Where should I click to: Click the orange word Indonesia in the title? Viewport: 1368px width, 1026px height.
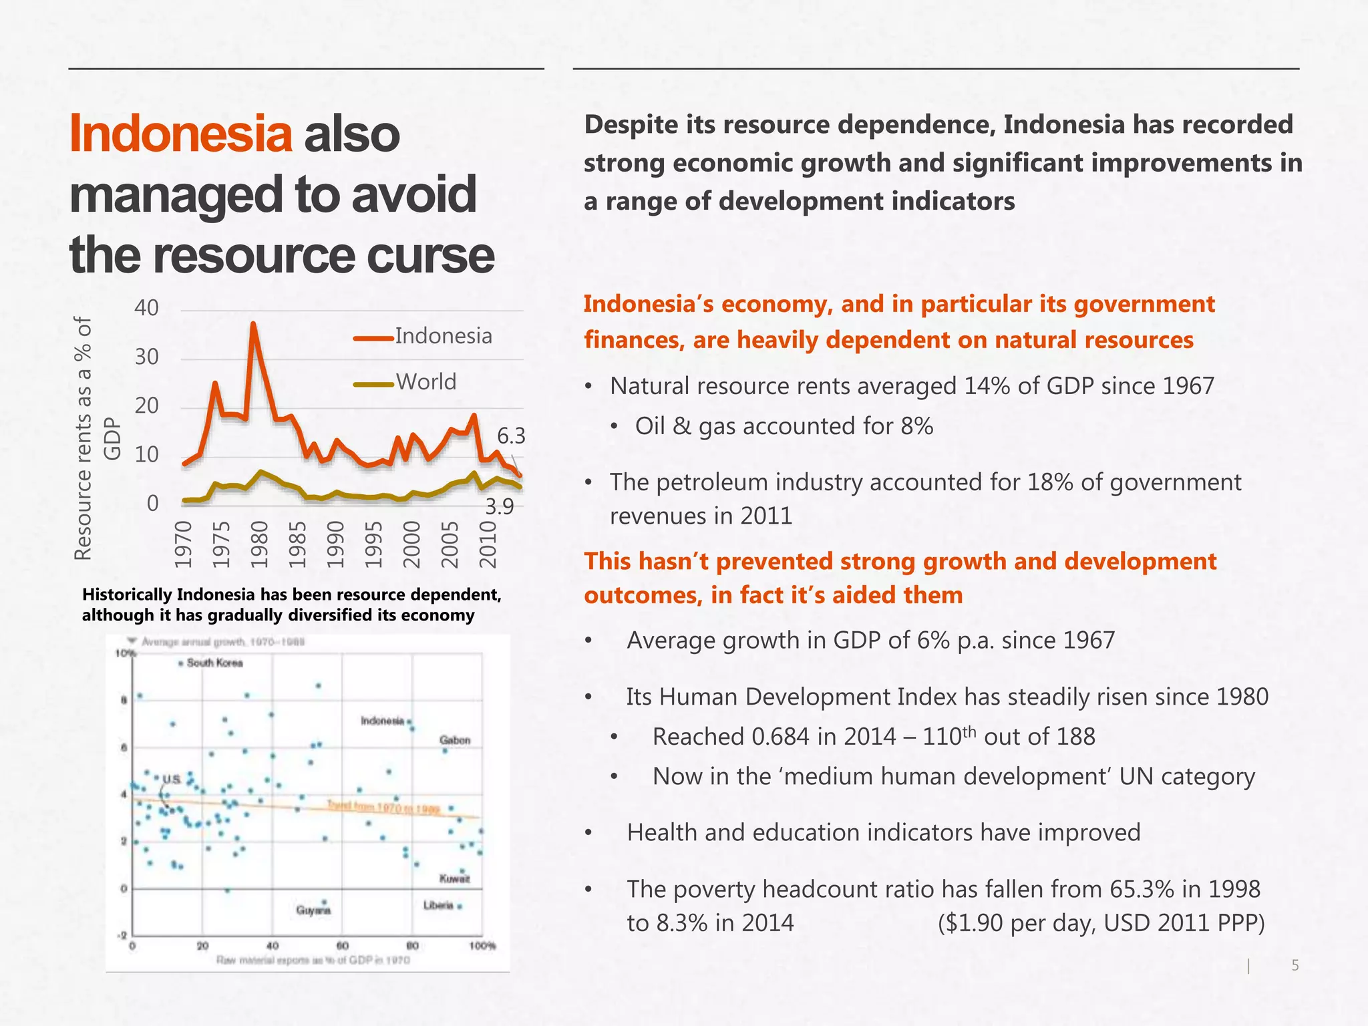(x=180, y=134)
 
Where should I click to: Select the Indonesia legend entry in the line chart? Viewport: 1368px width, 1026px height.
(x=443, y=336)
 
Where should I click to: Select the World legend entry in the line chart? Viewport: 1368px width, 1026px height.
(x=425, y=382)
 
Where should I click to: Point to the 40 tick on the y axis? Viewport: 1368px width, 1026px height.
(x=147, y=308)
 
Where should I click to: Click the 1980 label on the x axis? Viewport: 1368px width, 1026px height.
(x=259, y=544)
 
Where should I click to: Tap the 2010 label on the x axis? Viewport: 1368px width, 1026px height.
(x=488, y=544)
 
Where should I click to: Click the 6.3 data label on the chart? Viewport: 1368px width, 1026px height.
(x=511, y=436)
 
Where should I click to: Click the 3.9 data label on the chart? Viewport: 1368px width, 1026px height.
(x=499, y=507)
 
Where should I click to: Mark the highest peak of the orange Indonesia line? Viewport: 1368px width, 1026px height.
(x=253, y=324)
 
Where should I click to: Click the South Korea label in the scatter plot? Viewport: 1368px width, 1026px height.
(x=214, y=663)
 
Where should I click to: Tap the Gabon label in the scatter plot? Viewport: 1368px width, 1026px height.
(x=455, y=740)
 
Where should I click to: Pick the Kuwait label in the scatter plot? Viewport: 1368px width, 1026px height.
(x=454, y=878)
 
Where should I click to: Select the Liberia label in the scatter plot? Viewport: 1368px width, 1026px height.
(x=438, y=905)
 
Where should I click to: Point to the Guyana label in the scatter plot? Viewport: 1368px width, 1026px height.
(x=313, y=910)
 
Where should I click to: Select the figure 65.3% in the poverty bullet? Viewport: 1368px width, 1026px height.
(x=1142, y=889)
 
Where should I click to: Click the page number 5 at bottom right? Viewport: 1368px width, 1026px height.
(x=1295, y=965)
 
